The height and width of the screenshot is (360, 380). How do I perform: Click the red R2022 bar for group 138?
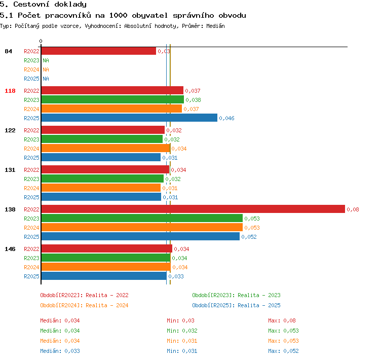coord(193,209)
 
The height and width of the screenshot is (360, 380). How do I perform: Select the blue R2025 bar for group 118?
coord(129,118)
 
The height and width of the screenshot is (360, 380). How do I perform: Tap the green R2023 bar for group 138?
coord(142,219)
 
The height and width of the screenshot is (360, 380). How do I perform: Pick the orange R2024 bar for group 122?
coord(106,148)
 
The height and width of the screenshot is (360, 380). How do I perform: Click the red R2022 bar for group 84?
coord(99,51)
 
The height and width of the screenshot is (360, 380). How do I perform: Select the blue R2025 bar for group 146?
coord(104,276)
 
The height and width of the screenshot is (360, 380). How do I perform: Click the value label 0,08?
coord(353,209)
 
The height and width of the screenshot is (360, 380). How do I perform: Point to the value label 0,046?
coord(226,118)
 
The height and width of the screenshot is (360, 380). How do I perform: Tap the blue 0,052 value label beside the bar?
coord(249,237)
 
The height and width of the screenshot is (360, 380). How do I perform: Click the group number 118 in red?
coord(10,91)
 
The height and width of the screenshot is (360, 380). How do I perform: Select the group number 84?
coord(8,51)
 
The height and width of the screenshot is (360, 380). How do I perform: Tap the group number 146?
coord(10,249)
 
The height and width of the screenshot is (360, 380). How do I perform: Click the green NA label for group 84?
coord(46,60)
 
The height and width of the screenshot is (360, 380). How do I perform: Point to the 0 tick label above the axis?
coord(41,41)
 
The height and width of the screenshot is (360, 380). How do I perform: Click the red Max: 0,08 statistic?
coord(282,320)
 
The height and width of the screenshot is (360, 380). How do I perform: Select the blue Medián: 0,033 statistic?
coord(60,351)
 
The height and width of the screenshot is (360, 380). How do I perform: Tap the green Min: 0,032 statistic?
coord(182,331)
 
